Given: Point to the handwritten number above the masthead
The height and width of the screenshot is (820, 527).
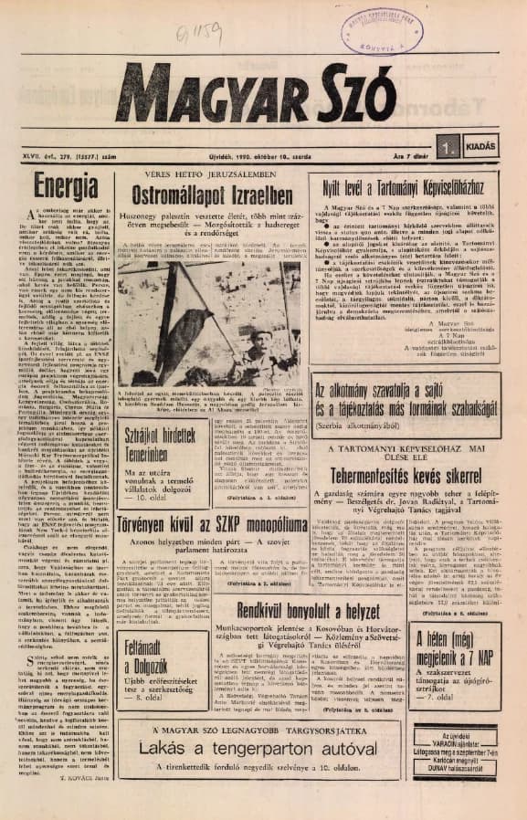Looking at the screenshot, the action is [194, 37].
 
